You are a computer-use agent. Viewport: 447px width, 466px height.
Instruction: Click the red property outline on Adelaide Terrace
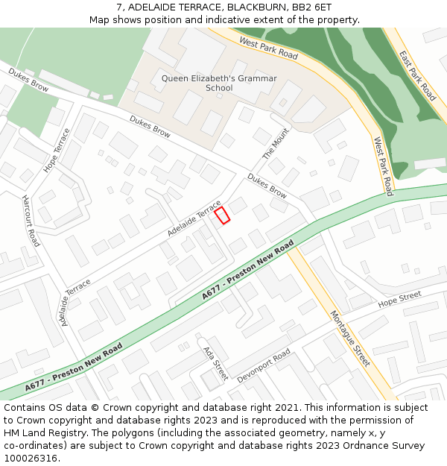[x=222, y=215]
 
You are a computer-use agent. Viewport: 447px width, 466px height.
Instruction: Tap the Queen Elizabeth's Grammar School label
[x=219, y=83]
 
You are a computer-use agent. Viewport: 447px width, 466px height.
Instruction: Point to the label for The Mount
[x=275, y=144]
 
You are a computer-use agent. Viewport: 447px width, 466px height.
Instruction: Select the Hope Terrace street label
[x=57, y=150]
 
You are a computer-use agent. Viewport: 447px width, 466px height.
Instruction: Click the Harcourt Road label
[x=31, y=221]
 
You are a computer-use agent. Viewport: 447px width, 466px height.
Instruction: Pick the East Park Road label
[x=417, y=75]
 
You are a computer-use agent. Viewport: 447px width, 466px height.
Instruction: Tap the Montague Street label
[x=350, y=339]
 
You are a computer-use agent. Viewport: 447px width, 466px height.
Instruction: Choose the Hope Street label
[x=399, y=300]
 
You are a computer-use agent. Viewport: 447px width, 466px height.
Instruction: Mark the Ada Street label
[x=215, y=363]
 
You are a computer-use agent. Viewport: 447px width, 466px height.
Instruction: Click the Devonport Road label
[x=264, y=366]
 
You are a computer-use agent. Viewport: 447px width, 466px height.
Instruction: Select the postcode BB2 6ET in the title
[x=311, y=7]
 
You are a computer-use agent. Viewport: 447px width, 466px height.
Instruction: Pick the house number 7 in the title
[x=120, y=7]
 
